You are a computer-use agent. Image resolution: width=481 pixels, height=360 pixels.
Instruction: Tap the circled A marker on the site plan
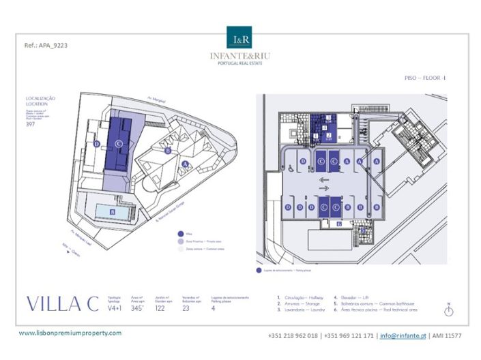coord(186,164)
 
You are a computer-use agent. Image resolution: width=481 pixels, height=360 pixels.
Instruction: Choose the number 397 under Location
coord(30,124)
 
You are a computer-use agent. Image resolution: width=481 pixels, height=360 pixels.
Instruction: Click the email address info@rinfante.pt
coord(404,335)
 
